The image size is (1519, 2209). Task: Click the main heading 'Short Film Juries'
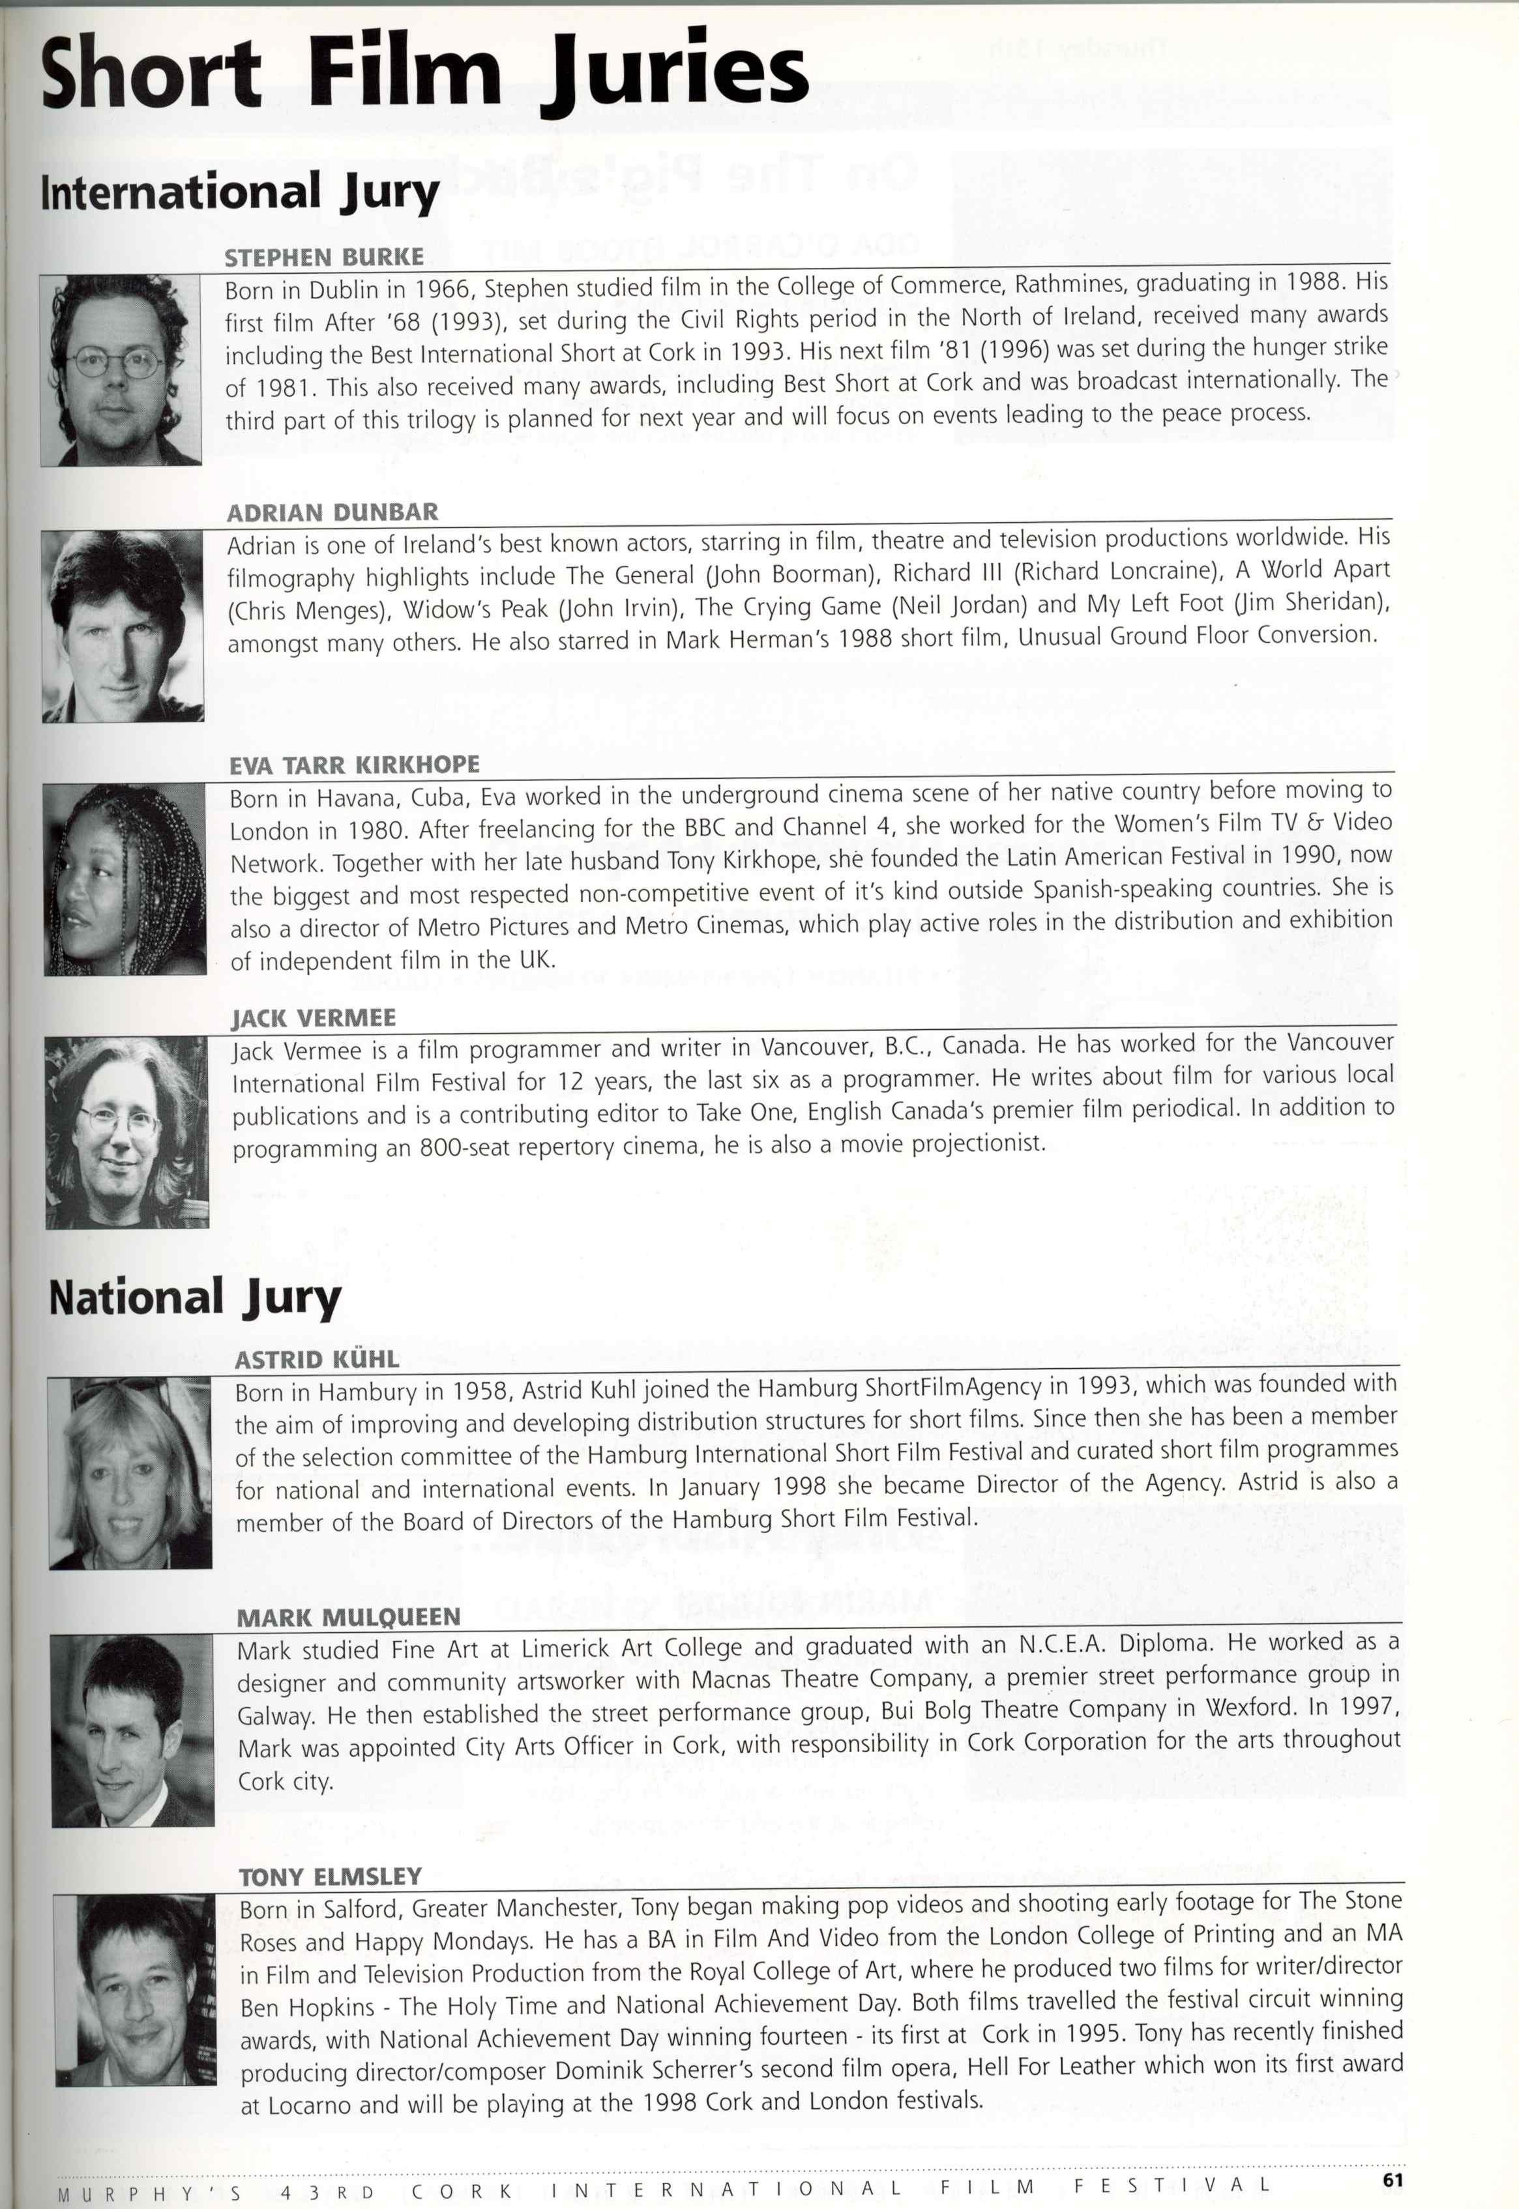424,74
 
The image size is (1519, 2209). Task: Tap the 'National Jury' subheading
194,1298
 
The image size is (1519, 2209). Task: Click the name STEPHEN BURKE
323,258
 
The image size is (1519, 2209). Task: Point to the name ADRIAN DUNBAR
332,513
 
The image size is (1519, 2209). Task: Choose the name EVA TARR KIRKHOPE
354,765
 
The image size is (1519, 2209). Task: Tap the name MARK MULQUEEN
347,1617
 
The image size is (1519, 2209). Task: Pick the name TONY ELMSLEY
329,1877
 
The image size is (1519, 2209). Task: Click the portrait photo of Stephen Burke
121,370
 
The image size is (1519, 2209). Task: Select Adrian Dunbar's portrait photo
123,625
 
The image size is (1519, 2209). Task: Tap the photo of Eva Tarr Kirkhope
124,879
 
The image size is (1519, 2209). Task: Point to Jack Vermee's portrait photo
126,1132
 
